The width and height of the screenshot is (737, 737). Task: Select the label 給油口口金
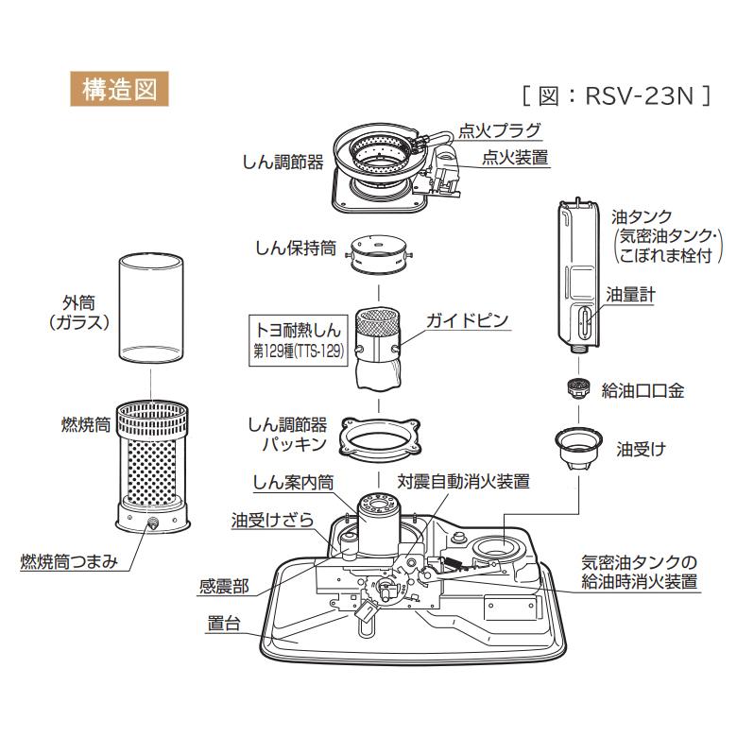643,388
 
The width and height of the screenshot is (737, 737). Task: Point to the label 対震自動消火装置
464,481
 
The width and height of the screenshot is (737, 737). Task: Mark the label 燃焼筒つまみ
69,562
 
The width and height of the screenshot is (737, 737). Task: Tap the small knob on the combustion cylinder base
150,522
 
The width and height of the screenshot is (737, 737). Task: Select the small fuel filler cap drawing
574,387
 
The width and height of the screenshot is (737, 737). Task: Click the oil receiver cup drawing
575,447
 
